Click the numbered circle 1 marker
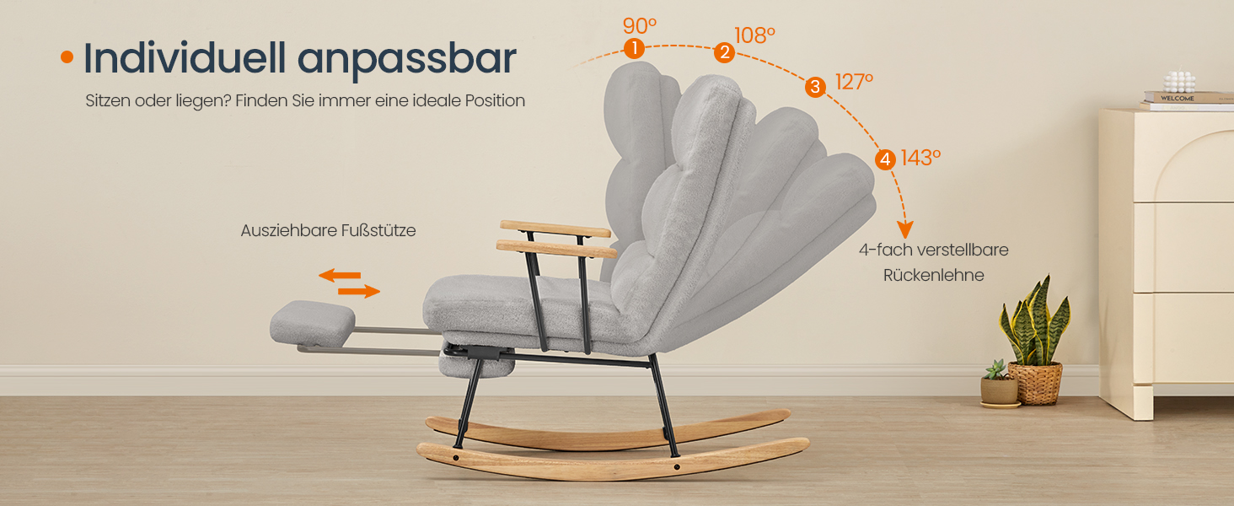coord(634,49)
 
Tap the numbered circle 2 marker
coord(724,52)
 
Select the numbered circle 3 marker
coord(815,87)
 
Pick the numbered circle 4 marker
coord(885,160)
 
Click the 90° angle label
coord(640,26)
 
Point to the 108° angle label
coord(754,35)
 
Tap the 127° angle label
coord(854,82)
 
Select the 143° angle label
coord(920,159)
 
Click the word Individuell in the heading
coord(185,58)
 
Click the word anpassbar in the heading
coord(407,61)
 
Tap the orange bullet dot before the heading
coord(67,57)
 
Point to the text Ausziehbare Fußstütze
coord(329,230)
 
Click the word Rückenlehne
coord(934,275)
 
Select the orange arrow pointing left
coord(340,275)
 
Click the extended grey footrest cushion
coord(313,323)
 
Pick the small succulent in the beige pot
coord(1000,385)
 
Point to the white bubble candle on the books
coord(1179,82)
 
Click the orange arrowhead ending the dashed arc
coord(904,229)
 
